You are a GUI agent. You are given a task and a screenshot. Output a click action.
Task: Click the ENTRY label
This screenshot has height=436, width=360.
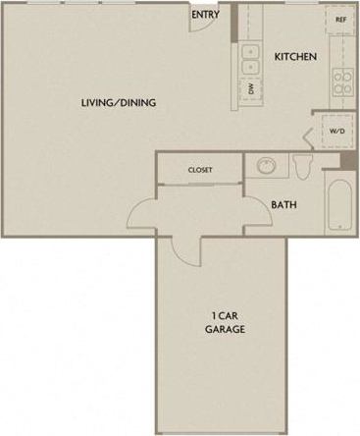[205, 15]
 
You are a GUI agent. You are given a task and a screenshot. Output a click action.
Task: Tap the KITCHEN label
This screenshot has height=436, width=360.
[295, 57]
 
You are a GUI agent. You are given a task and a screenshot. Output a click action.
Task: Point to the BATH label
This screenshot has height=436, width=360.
[284, 205]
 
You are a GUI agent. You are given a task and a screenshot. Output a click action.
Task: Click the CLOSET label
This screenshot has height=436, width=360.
[200, 170]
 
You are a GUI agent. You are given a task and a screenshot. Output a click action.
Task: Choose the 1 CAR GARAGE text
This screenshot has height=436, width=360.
[225, 322]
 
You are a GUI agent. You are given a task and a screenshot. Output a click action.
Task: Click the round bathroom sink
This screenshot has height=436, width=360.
[265, 165]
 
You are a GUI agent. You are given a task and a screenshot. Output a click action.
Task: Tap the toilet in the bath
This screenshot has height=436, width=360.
[303, 165]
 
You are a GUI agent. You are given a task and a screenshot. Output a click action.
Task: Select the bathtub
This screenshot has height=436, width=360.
[338, 205]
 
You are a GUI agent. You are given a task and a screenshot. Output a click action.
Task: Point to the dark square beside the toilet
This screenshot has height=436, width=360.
[346, 160]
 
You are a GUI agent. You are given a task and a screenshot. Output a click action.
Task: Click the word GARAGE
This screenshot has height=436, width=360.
[225, 329]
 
